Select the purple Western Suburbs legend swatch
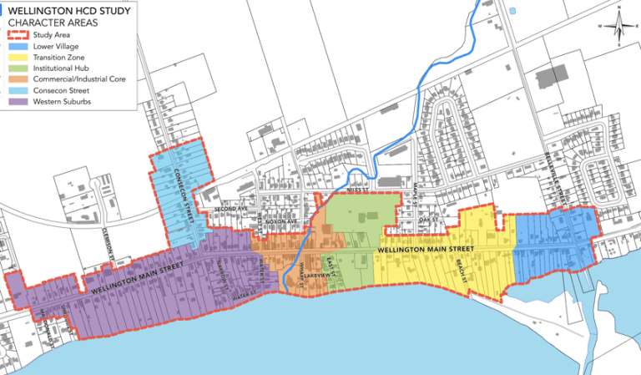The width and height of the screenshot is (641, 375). point(20,102)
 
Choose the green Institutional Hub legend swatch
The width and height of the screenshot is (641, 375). point(20,68)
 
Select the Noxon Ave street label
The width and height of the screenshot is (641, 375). point(282,220)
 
